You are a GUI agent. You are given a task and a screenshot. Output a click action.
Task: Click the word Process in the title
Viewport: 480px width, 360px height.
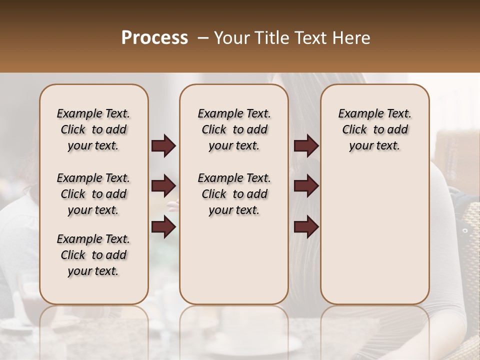[154, 38]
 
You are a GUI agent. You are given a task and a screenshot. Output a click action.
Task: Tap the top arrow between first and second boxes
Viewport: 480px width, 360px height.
[163, 146]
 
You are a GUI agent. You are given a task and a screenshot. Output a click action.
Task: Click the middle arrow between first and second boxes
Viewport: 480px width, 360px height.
[163, 186]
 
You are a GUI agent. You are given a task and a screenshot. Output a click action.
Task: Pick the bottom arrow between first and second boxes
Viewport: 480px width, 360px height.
[163, 227]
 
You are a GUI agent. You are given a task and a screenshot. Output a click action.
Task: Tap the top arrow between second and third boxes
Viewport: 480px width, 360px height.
[306, 146]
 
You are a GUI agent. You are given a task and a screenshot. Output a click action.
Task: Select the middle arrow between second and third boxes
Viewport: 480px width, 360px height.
[306, 186]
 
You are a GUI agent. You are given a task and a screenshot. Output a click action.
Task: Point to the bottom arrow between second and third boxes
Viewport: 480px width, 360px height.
[306, 227]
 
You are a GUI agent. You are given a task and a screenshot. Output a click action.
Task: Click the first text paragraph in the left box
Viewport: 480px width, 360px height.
[93, 129]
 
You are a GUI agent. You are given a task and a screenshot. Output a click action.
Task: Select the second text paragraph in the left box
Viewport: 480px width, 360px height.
[93, 194]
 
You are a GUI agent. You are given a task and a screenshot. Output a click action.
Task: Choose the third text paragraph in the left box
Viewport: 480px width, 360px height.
[93, 255]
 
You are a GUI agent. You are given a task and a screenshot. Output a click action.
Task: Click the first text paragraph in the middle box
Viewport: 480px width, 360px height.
[234, 129]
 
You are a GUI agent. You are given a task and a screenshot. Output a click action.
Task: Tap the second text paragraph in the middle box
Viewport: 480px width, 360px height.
[234, 194]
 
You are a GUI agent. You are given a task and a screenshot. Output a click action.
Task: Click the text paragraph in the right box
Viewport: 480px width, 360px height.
[374, 129]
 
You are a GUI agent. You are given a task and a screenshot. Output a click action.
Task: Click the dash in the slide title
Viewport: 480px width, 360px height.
[202, 38]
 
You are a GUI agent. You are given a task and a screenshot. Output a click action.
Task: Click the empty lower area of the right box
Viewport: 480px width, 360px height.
[374, 235]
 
